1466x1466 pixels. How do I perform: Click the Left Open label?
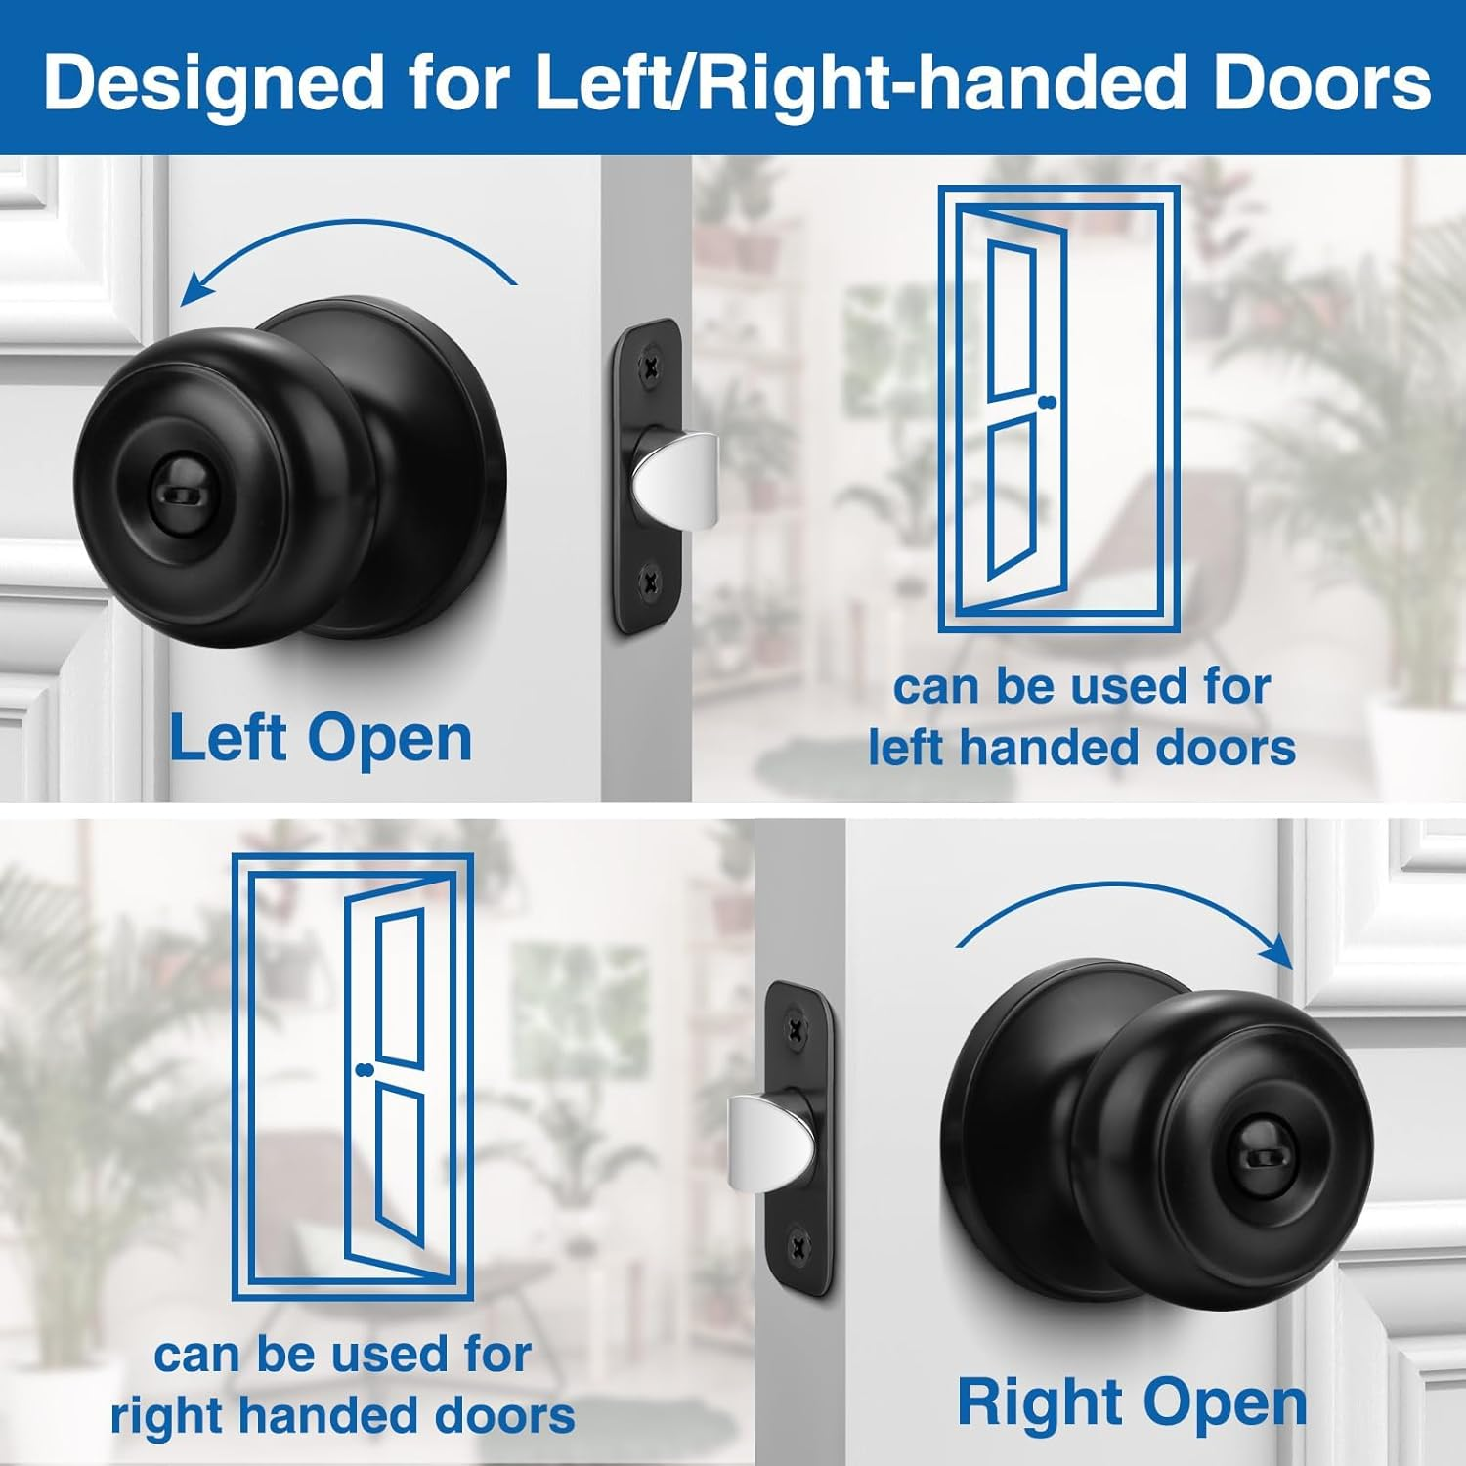[x=321, y=738]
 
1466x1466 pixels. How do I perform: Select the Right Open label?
[x=1132, y=1402]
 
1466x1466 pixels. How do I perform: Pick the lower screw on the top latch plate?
[x=650, y=583]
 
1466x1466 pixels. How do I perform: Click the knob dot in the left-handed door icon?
[x=1050, y=402]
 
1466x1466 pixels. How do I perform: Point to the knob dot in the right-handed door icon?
[x=366, y=1070]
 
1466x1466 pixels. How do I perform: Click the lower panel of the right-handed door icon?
[x=401, y=1163]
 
